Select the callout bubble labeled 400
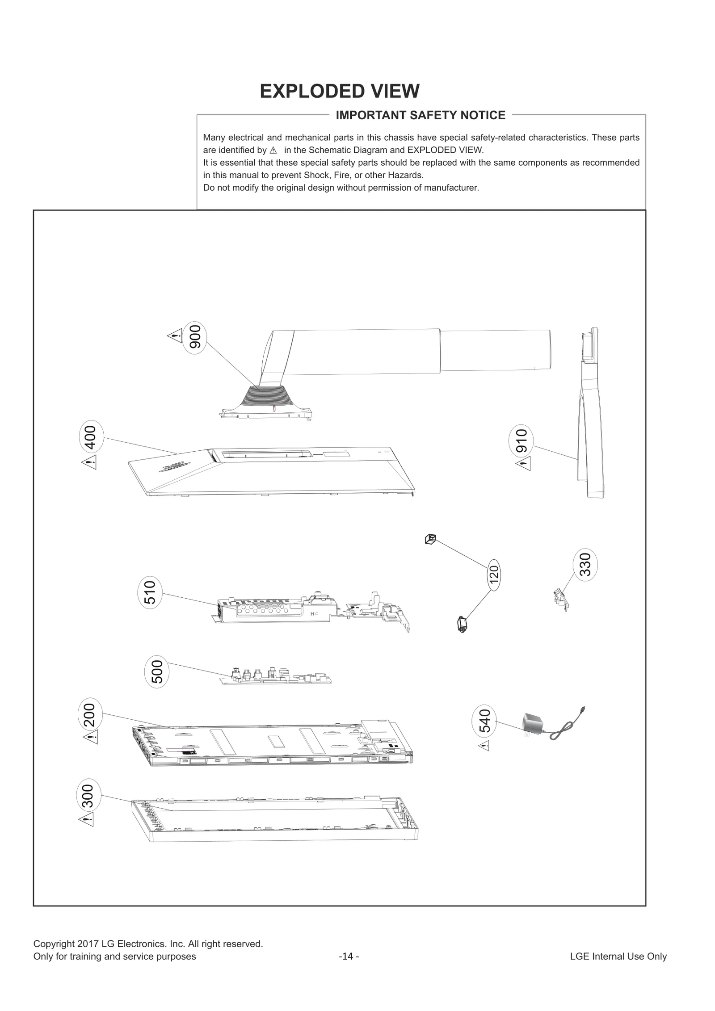pyautogui.click(x=91, y=437)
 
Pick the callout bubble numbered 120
pyautogui.click(x=493, y=575)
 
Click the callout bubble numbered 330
pyautogui.click(x=585, y=564)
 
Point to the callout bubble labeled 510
pyautogui.click(x=150, y=592)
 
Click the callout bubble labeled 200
pyautogui.click(x=90, y=715)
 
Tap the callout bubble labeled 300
pyautogui.click(x=88, y=796)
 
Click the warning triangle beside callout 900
pyautogui.click(x=175, y=336)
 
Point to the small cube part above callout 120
pyautogui.click(x=430, y=539)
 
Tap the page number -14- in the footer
pyautogui.click(x=349, y=956)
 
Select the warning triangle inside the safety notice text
pyautogui.click(x=273, y=151)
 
